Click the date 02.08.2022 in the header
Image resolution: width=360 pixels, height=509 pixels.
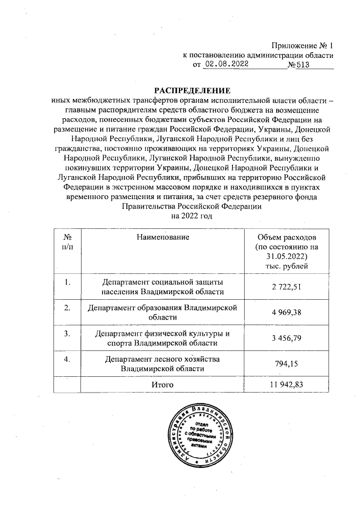pyautogui.click(x=226, y=65)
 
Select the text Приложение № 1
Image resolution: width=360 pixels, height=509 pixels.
pyautogui.click(x=303, y=45)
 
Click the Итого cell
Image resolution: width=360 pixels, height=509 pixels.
pyautogui.click(x=162, y=384)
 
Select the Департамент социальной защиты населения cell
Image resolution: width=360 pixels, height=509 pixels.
pyautogui.click(x=162, y=287)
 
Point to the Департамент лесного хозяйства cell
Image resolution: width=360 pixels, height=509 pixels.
pyautogui.click(x=162, y=364)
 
